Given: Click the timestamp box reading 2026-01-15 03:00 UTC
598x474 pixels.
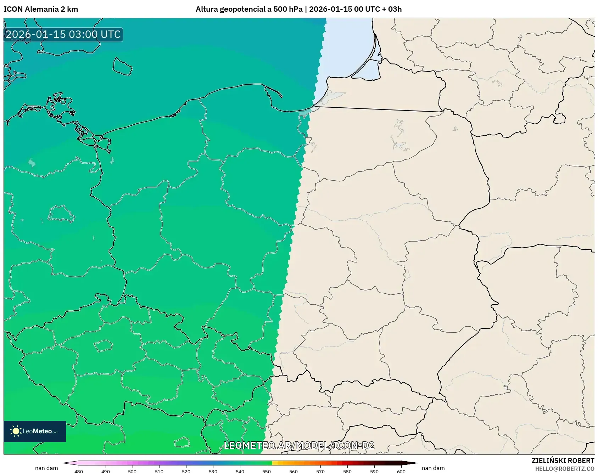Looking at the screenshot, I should [x=63, y=34].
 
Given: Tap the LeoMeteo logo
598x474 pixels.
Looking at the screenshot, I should [x=35, y=431].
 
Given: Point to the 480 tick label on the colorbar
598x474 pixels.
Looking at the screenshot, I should [x=79, y=472].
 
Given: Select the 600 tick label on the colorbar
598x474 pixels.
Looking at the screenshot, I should [x=401, y=472].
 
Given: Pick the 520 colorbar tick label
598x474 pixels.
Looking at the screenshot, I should [x=186, y=472].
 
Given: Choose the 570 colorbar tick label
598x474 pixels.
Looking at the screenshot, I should [x=320, y=472].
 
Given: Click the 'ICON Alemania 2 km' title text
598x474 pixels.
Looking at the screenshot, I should [x=41, y=9].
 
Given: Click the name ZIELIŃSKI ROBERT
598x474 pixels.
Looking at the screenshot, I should [x=563, y=461].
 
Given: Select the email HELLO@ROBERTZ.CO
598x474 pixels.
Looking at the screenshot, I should [x=565, y=469].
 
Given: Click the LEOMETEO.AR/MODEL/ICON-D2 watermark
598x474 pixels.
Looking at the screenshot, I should [x=299, y=445].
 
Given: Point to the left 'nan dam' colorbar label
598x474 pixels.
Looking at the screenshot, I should [x=46, y=468].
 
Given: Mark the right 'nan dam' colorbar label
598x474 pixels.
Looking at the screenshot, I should [x=433, y=468].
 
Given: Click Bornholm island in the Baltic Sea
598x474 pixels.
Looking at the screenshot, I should [x=122, y=67].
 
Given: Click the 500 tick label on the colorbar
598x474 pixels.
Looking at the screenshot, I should [x=132, y=472].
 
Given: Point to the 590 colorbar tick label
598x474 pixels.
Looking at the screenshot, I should [x=374, y=472].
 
